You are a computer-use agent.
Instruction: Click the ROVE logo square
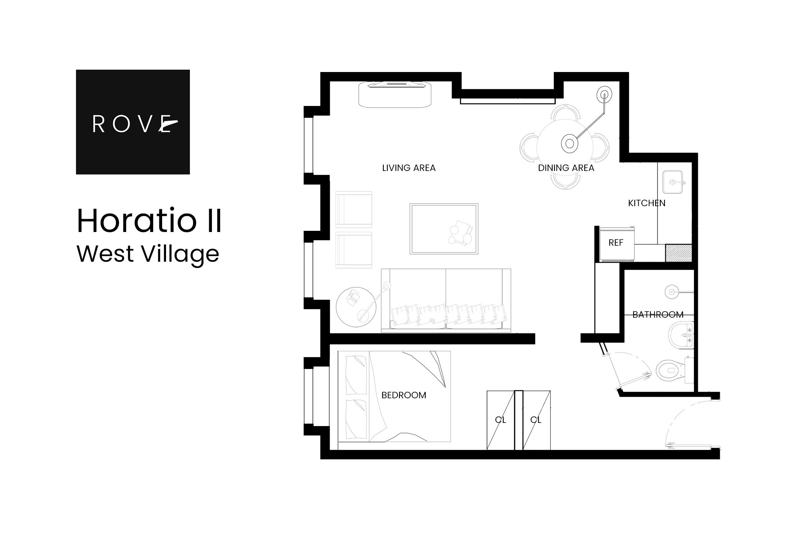click(133, 122)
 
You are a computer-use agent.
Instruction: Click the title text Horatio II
click(149, 221)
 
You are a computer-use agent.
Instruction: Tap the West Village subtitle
click(148, 254)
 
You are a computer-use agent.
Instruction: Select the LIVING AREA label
click(408, 168)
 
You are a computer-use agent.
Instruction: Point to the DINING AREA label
click(566, 168)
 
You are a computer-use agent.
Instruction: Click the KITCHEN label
click(647, 203)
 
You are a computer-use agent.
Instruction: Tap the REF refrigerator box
click(616, 243)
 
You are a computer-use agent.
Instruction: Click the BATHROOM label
click(658, 315)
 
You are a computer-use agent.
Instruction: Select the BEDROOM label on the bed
click(404, 396)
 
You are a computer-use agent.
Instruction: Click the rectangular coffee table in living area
click(444, 229)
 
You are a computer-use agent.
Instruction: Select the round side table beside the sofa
click(356, 307)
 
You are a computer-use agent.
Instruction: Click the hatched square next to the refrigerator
click(678, 253)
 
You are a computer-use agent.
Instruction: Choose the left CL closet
click(500, 420)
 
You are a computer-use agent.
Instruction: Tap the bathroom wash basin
click(681, 335)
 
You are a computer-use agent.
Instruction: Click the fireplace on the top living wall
click(396, 93)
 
